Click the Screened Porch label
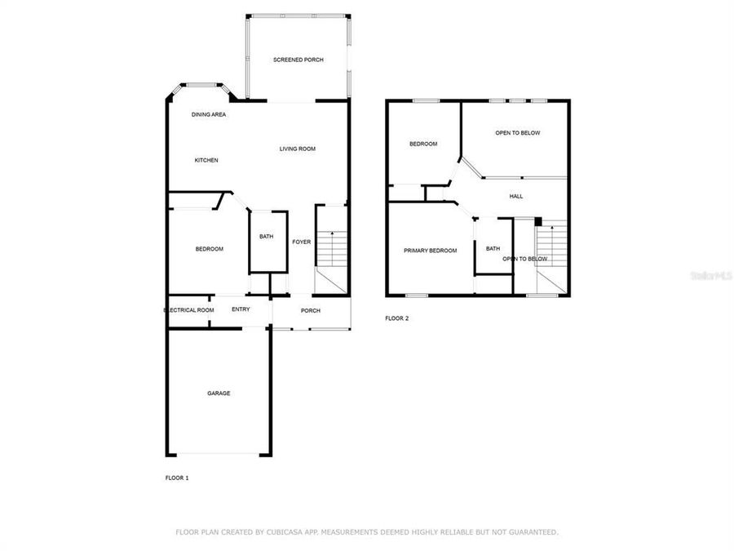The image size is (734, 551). click(298, 60)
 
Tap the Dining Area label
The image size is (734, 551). click(209, 114)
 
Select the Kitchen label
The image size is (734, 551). click(206, 160)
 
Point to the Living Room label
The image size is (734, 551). click(297, 149)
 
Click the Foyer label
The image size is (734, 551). click(302, 242)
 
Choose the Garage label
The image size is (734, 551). click(219, 393)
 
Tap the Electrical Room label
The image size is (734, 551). click(188, 310)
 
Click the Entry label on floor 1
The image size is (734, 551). click(241, 309)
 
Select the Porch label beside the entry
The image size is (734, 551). click(311, 310)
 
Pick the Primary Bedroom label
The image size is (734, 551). click(430, 251)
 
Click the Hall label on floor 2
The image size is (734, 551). click(516, 196)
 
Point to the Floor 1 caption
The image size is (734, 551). click(177, 478)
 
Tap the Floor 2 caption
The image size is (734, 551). click(396, 318)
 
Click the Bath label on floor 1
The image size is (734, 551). click(267, 237)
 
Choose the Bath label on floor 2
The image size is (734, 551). click(493, 249)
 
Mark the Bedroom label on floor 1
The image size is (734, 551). click(209, 249)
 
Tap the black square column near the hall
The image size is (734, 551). click(538, 220)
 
